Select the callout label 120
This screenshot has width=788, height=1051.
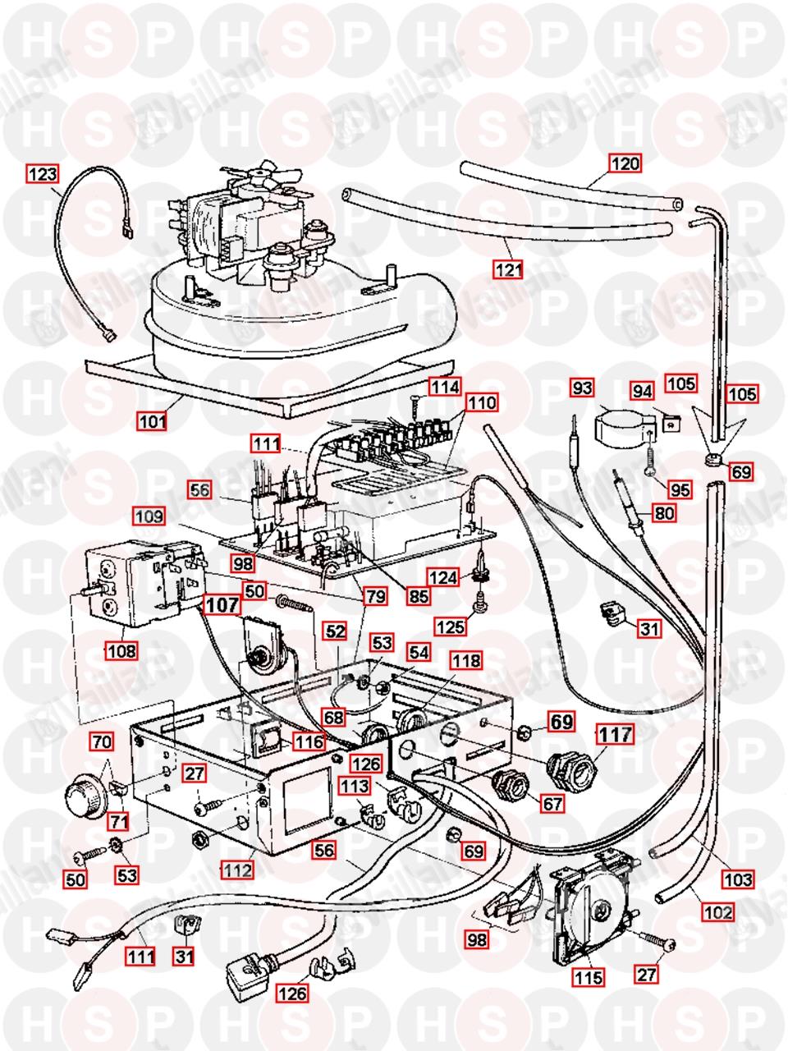(x=625, y=163)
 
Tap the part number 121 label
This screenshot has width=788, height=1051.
(x=508, y=268)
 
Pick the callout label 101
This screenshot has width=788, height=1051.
(x=153, y=422)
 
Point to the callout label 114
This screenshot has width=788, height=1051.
(x=444, y=385)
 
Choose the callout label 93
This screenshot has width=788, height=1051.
(x=583, y=386)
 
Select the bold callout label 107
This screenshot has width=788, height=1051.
(x=222, y=605)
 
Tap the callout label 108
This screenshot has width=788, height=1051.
(x=121, y=651)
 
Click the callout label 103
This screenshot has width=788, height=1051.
(x=736, y=880)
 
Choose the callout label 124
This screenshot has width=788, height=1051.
(x=443, y=578)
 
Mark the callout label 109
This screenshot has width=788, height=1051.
(x=151, y=518)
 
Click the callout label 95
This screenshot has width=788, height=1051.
(x=680, y=491)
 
